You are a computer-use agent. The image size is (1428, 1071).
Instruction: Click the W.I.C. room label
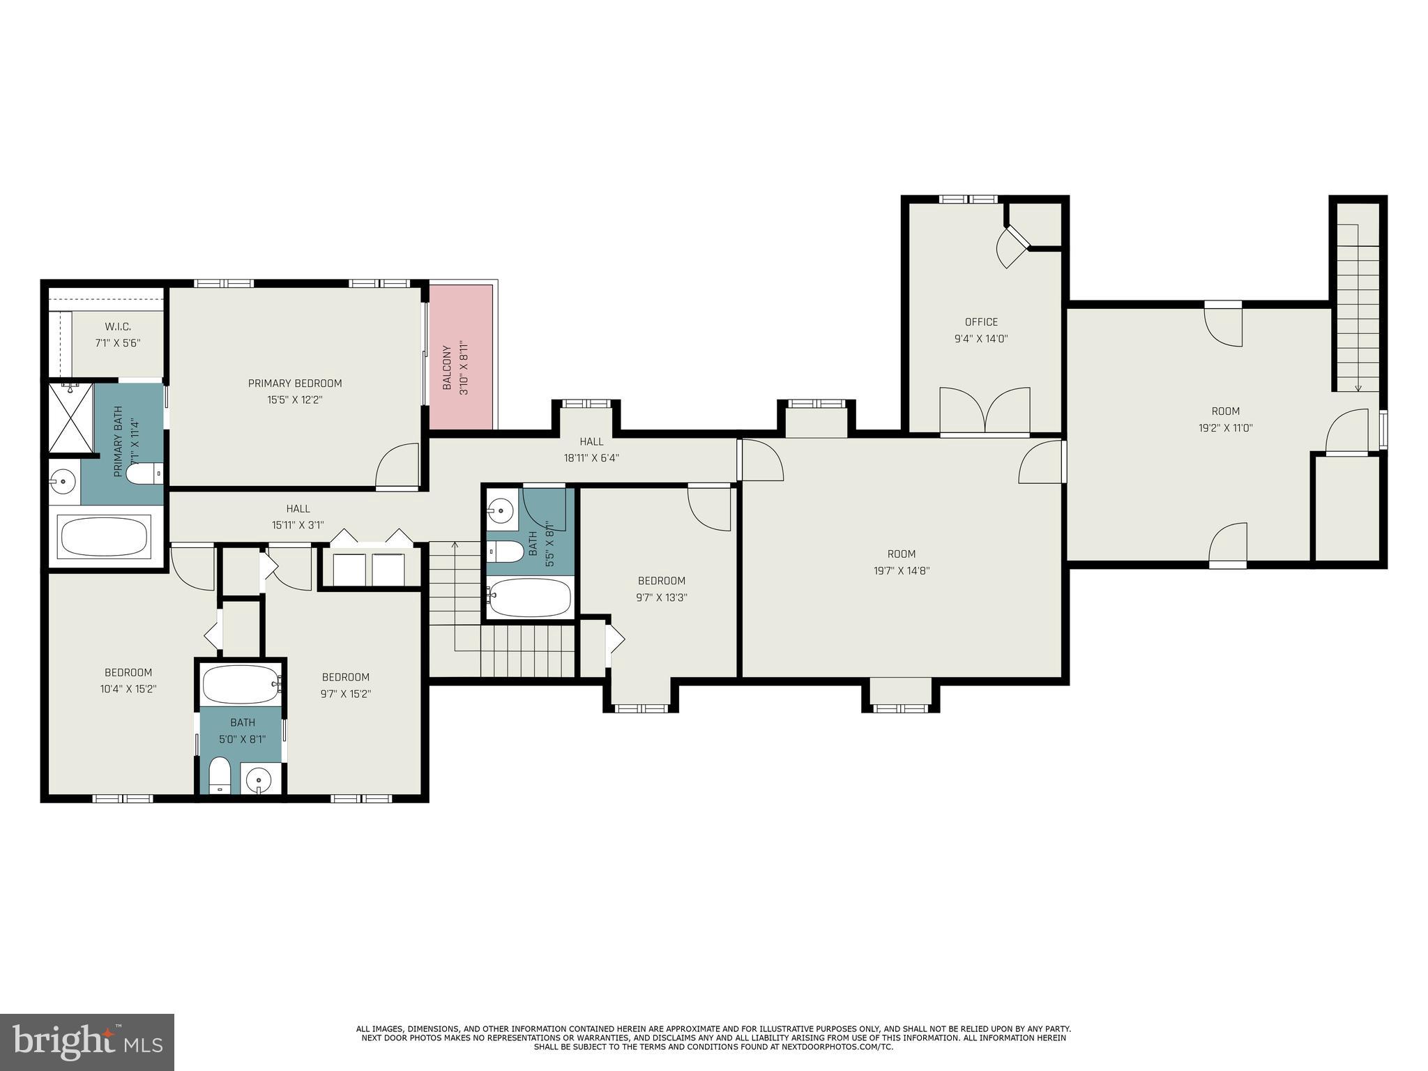pos(118,326)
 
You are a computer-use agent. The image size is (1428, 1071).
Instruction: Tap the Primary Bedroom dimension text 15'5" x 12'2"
pos(295,400)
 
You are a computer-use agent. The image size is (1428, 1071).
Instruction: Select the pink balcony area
pos(461,356)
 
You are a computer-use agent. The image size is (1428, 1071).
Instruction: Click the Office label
pos(981,322)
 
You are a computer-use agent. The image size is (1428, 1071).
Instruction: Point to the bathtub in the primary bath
pos(105,537)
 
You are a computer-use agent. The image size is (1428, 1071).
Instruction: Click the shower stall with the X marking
pos(70,419)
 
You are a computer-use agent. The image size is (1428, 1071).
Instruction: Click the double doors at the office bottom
pos(985,412)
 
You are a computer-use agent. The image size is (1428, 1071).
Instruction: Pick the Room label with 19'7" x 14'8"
pos(901,562)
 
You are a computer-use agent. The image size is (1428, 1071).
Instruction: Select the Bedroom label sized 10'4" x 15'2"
pos(128,681)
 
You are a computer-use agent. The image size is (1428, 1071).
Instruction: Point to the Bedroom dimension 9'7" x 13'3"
pos(661,598)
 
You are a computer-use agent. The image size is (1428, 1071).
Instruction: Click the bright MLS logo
pos(86,1042)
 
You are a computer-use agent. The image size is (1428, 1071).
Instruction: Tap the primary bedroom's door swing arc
pos(396,465)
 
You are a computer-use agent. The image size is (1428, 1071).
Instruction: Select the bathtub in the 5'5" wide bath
pos(530,598)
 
